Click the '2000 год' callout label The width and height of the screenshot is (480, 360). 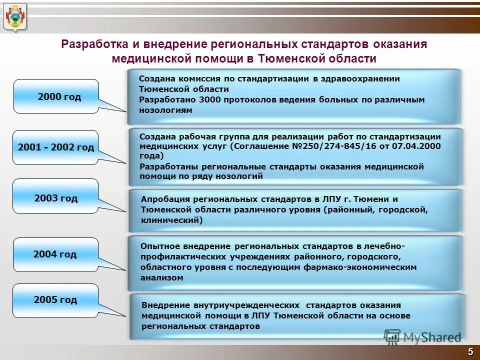(59, 96)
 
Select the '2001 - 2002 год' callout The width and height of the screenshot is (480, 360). (55, 147)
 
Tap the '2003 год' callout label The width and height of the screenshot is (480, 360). (56, 198)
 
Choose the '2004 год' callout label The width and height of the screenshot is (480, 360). (55, 254)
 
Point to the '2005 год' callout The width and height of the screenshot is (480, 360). (55, 300)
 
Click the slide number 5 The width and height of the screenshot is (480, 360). (470, 351)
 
